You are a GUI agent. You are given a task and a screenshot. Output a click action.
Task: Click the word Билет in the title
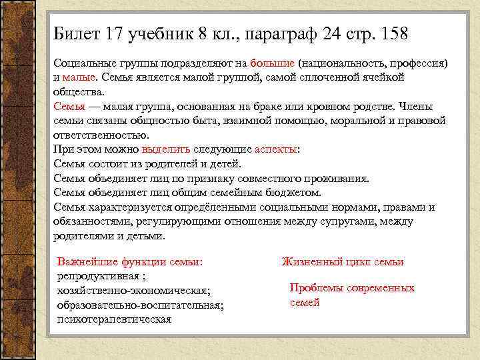pyautogui.click(x=75, y=33)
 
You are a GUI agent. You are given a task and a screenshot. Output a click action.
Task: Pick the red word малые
pyautogui.click(x=79, y=77)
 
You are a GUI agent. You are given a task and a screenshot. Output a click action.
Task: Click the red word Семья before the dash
pyautogui.click(x=69, y=106)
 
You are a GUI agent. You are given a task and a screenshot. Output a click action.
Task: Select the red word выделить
pyautogui.click(x=166, y=149)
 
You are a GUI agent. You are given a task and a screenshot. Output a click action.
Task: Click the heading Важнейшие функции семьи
pyautogui.click(x=130, y=262)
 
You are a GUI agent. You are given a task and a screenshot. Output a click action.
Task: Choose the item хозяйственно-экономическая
pyautogui.click(x=133, y=291)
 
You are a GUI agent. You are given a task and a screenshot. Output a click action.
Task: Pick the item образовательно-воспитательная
pyautogui.click(x=141, y=305)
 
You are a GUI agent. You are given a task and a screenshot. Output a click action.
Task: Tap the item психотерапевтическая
pyautogui.click(x=114, y=319)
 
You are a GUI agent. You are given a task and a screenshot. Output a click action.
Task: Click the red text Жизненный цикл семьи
pyautogui.click(x=342, y=262)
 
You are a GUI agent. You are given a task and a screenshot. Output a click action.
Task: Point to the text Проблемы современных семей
pyautogui.click(x=352, y=295)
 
